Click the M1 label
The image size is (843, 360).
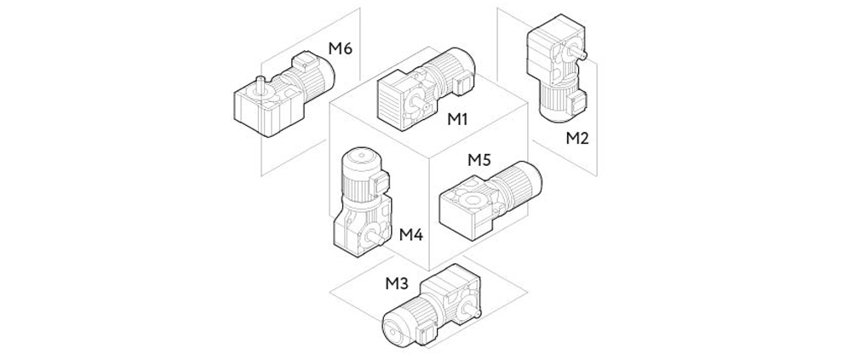point(459,119)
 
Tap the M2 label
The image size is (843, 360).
point(577,139)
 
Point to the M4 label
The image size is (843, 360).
point(411,235)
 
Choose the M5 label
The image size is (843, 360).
point(480,160)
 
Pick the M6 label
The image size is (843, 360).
point(341,49)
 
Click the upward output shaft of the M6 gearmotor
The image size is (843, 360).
point(261,85)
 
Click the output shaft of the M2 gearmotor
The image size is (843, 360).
point(578,54)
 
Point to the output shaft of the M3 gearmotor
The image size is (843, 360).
point(472,311)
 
